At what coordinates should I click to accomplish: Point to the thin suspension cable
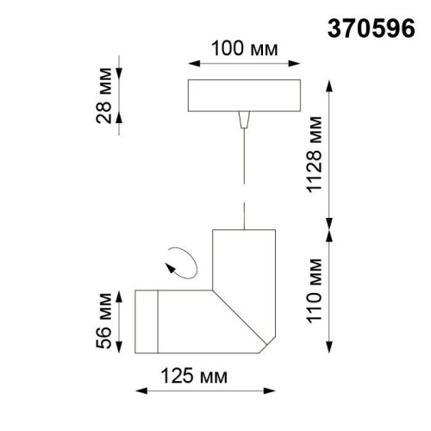[244, 172]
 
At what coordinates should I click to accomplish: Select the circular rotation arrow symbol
[182, 259]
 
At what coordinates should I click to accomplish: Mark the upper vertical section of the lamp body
[243, 259]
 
